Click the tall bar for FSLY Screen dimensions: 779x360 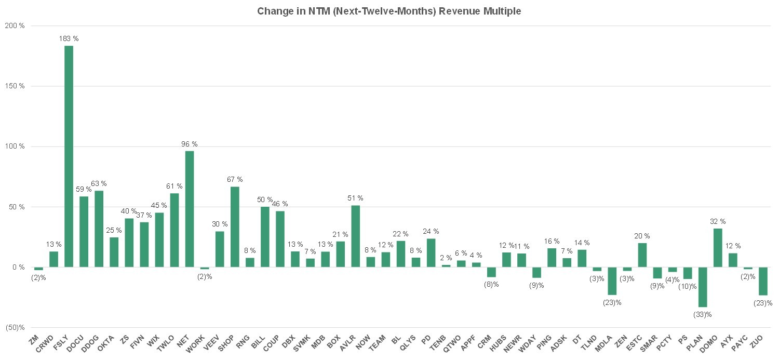tap(69, 156)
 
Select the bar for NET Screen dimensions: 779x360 tap(190, 209)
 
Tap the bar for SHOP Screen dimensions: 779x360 tap(235, 227)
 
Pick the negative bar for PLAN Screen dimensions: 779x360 tap(703, 287)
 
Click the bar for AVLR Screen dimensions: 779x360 tap(355, 236)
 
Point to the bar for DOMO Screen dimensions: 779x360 tap(718, 248)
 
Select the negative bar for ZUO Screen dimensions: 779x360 tap(763, 282)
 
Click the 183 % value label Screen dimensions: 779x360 tap(69, 38)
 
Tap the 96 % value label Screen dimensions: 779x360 tap(190, 144)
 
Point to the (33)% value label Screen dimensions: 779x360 tap(703, 315)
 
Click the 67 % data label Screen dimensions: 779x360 tap(235, 179)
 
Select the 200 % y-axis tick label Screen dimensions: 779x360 tap(15, 26)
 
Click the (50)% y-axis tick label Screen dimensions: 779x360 tap(15, 328)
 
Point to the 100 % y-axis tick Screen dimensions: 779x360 tap(15, 146)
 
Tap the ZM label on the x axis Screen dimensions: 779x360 tap(34, 340)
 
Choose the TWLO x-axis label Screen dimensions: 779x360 tap(166, 343)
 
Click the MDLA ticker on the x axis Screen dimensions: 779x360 tap(603, 343)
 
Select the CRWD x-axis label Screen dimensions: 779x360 tap(45, 344)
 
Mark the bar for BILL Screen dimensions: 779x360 tap(265, 237)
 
